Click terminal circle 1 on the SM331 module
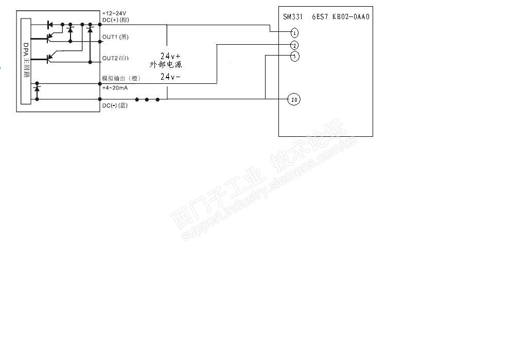[x=294, y=33]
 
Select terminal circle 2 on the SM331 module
[x=294, y=45]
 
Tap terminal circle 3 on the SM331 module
[x=294, y=57]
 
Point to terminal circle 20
[x=294, y=99]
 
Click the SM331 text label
[x=292, y=16]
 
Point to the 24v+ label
[x=170, y=56]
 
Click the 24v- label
[x=170, y=77]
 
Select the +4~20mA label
[x=115, y=88]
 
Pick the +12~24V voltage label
[x=114, y=13]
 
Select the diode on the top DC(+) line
[x=50, y=24]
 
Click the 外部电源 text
[x=166, y=65]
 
